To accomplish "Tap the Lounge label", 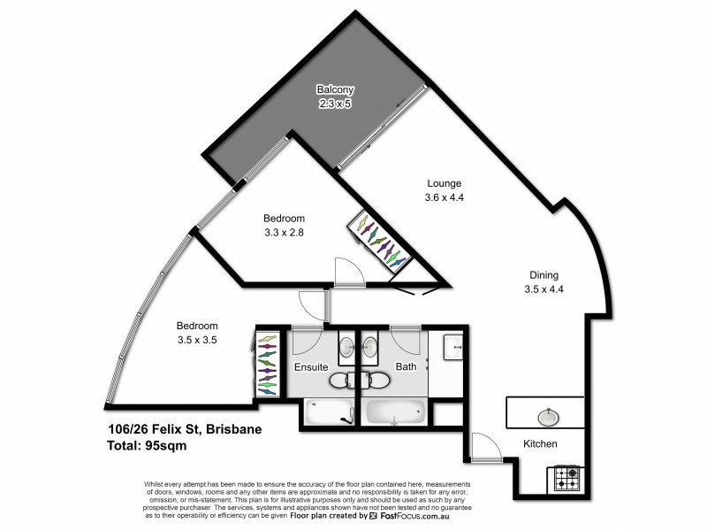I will [445, 184].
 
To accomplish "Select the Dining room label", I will [544, 274].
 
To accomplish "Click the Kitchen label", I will [540, 443].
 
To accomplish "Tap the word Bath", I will [406, 366].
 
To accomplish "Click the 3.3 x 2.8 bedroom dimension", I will [284, 233].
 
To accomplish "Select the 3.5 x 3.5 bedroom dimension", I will [196, 339].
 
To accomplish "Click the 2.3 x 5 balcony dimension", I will [335, 103].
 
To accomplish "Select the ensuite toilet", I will [340, 381].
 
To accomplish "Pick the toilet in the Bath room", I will [377, 381].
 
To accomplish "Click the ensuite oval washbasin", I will [348, 346].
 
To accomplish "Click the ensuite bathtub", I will [329, 412].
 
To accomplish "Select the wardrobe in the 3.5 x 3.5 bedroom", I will [267, 362].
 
